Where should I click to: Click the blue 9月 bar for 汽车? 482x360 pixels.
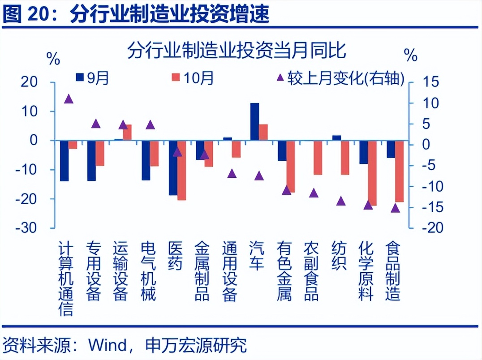point(254,121)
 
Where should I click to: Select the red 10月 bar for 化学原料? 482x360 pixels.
point(372,173)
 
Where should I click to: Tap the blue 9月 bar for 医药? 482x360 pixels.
point(173,167)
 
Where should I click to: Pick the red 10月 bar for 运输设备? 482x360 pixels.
point(127,132)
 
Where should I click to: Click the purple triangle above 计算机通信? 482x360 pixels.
point(69,99)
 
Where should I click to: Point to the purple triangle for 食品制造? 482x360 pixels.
point(395,208)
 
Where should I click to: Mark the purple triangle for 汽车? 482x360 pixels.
point(259,176)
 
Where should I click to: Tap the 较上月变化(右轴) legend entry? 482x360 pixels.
point(341,78)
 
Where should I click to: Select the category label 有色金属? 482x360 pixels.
point(285,271)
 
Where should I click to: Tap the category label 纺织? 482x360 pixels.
point(339,256)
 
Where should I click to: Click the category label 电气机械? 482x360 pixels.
point(148,271)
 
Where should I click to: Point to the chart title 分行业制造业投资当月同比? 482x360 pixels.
point(237,51)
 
